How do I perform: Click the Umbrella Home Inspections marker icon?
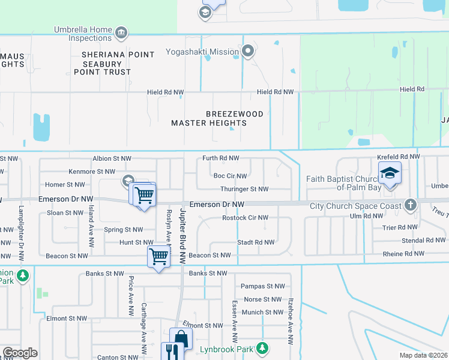tap(121, 32)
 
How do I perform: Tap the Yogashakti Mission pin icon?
tap(247, 52)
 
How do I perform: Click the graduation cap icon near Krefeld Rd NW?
tap(390, 174)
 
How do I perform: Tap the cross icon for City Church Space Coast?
tap(411, 205)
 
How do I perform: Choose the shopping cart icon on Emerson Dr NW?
tap(145, 194)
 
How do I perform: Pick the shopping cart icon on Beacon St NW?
tap(159, 256)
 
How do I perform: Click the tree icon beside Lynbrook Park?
tap(262, 348)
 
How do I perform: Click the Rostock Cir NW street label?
tap(244, 218)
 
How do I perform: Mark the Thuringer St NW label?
tap(244, 189)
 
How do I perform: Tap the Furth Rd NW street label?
tap(220, 158)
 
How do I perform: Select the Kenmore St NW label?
tap(90, 172)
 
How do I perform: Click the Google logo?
tap(20, 353)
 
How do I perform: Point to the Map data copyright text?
tap(423, 355)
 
